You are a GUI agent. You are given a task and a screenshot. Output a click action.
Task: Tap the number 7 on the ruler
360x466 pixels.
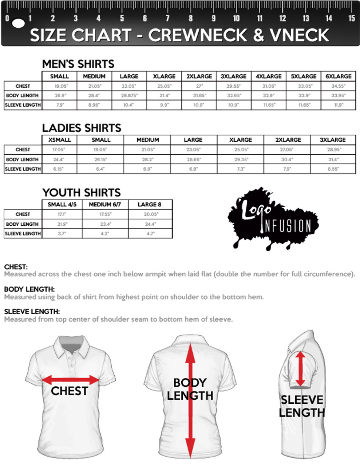[x=167, y=18]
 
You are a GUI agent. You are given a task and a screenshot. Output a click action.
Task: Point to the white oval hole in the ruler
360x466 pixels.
[x=18, y=23]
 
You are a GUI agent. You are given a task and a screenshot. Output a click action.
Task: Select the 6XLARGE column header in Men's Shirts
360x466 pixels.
[x=338, y=76]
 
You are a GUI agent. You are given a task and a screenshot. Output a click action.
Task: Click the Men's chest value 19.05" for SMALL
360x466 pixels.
[x=61, y=86]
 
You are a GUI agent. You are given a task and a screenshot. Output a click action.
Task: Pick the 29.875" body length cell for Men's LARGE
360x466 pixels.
[x=129, y=95]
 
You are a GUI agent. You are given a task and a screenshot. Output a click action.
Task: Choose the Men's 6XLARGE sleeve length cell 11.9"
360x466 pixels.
[x=338, y=105]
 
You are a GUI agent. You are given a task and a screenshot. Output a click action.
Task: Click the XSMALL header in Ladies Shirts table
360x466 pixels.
[x=60, y=140]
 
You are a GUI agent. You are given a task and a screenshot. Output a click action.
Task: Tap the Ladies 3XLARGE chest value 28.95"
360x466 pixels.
[x=333, y=150]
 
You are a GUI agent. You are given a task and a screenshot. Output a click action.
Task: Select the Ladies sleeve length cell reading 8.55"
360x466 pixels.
[x=333, y=169]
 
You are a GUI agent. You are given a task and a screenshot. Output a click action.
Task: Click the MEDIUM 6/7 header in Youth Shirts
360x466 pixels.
[x=105, y=205]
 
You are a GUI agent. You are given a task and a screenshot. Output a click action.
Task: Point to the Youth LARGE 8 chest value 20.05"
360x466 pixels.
[x=150, y=214]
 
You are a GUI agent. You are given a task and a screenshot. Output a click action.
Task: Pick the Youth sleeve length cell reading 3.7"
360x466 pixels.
[x=62, y=234]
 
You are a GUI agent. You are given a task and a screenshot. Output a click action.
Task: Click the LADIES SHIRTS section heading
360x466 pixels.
[x=82, y=128]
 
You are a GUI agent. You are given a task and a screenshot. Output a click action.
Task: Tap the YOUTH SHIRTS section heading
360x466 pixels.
[x=81, y=193]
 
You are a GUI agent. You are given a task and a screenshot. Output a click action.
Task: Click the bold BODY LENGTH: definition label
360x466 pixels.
[x=29, y=289]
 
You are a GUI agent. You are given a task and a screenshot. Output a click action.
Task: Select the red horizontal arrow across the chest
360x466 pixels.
[x=71, y=380]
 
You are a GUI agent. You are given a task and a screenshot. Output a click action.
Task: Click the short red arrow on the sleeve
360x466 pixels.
[x=300, y=368]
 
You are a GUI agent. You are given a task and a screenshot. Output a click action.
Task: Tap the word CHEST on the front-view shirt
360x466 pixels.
[x=69, y=391]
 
